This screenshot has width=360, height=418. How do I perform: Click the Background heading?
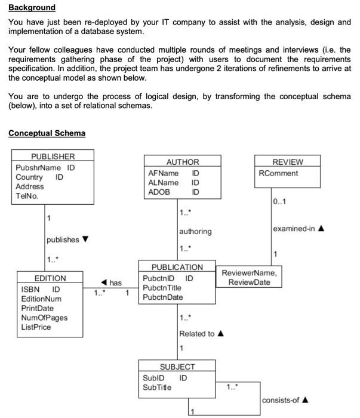coord(32,8)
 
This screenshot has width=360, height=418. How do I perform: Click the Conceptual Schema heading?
coord(47,133)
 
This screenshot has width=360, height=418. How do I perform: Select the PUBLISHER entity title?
coord(53,156)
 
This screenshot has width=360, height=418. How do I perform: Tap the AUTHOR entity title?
coord(182,162)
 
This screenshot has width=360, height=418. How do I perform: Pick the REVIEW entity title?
coord(287,162)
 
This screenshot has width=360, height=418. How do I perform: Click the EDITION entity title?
coord(50,278)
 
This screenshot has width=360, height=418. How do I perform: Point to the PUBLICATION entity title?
coord(177,267)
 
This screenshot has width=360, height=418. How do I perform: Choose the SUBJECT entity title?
coord(177,367)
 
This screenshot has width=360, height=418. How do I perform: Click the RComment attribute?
coord(278,174)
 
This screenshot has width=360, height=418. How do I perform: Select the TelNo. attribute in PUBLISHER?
coord(27,196)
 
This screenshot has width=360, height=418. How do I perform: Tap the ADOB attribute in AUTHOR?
coord(159,192)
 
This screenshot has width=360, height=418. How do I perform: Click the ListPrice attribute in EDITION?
coord(36,327)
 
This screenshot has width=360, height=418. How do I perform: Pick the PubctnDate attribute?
coord(162,297)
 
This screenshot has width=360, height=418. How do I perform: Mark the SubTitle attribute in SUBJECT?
coord(156,388)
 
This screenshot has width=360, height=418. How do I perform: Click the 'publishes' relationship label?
coord(63,239)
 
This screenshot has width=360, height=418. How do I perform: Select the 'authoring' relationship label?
coord(195,231)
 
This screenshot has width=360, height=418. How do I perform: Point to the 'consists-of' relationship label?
coord(282,400)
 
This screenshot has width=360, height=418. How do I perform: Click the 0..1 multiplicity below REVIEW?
coord(279,201)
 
